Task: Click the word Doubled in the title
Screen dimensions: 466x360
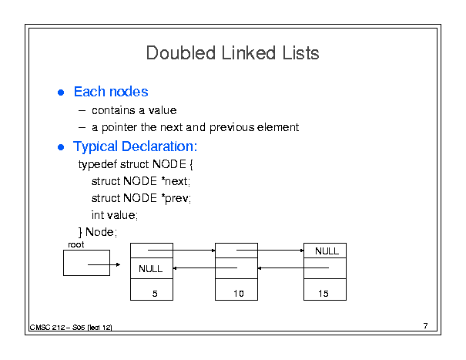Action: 180,53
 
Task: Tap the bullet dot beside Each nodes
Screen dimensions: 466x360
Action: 61,93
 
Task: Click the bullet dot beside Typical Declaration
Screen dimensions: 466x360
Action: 61,147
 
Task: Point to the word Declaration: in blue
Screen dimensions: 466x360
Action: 159,146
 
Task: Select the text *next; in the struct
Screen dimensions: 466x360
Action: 176,181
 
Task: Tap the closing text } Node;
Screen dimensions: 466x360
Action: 98,232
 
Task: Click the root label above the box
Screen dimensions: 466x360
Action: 76,245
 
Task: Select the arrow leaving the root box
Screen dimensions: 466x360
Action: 104,264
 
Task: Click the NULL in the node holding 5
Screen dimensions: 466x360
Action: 151,269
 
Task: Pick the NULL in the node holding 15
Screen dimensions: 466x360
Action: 327,251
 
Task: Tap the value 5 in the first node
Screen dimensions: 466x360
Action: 155,294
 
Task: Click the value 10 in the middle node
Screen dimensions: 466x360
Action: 239,294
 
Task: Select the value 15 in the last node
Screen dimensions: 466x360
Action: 324,294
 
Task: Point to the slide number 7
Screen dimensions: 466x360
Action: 426,326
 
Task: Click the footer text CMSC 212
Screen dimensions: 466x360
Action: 47,328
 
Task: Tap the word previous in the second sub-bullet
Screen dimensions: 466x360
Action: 232,128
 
